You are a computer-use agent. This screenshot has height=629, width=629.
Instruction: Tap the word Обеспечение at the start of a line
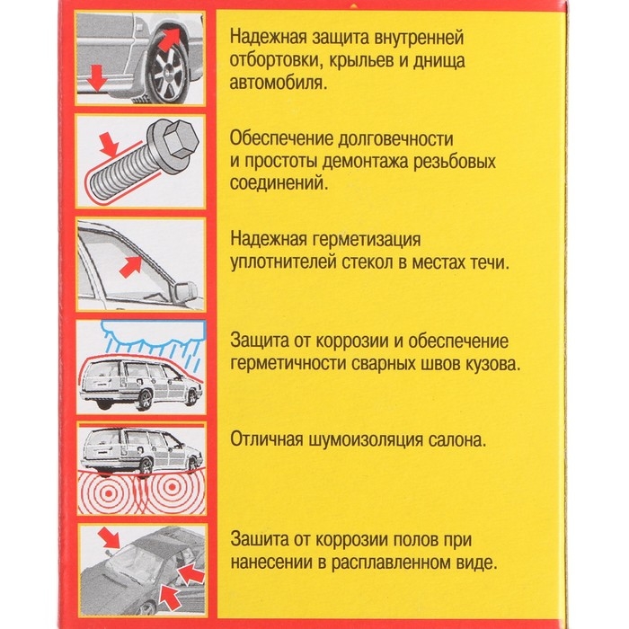click(279, 139)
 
